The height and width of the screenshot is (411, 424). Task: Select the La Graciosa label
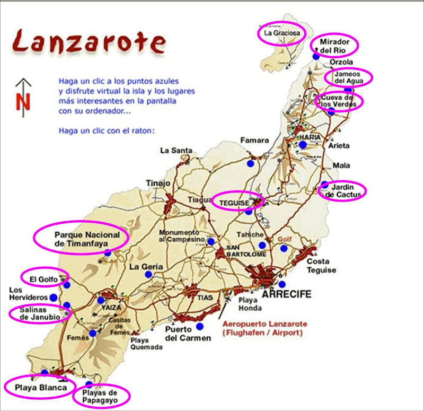tap(281, 33)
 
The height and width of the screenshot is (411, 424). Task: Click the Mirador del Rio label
tap(333, 46)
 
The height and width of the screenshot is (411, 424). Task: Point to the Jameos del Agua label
tap(348, 77)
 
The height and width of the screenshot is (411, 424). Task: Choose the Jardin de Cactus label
tap(345, 190)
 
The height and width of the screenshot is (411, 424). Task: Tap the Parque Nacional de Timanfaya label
tap(81, 239)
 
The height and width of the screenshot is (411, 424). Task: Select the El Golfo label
tap(44, 277)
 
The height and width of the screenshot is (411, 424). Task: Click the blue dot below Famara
tap(250, 163)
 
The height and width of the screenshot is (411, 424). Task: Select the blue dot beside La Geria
tap(148, 274)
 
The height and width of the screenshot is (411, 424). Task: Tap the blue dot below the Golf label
tap(284, 248)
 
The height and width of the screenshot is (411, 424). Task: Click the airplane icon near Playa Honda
tap(228, 301)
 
